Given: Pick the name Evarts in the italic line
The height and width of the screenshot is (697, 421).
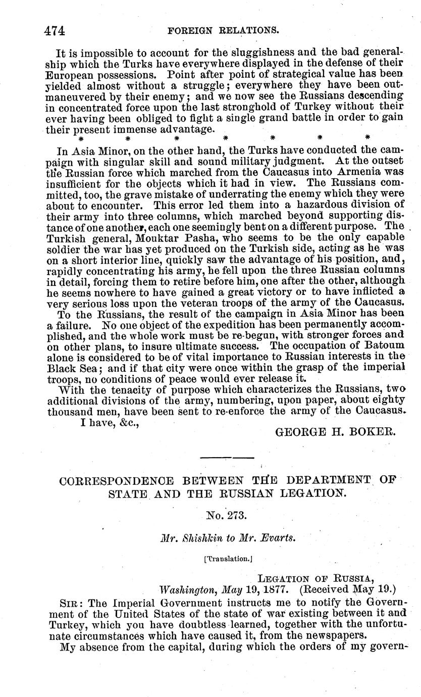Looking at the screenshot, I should coord(276,538).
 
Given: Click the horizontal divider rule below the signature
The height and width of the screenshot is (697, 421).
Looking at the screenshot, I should coord(227,458).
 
